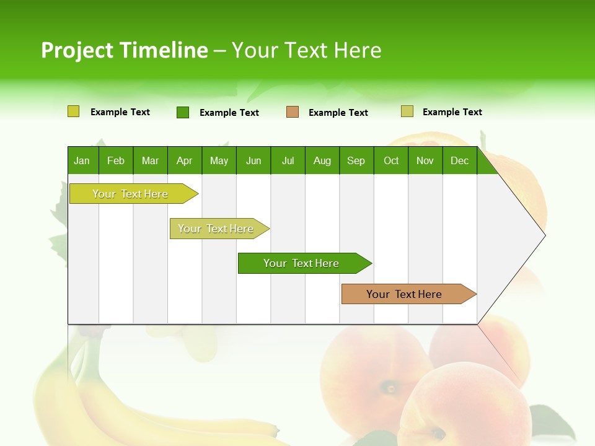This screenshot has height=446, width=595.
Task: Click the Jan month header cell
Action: click(82, 160)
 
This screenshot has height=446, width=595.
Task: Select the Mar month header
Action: click(150, 160)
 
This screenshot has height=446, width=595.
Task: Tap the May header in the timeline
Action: click(219, 160)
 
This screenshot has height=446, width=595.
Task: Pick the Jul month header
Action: click(288, 160)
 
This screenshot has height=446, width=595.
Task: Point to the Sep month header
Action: click(356, 160)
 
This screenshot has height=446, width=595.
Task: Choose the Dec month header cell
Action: click(459, 160)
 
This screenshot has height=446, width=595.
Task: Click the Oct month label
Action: click(391, 160)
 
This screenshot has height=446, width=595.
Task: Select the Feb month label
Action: click(116, 160)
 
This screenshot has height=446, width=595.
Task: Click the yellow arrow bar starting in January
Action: click(130, 194)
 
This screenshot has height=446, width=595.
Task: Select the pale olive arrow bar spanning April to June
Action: click(216, 229)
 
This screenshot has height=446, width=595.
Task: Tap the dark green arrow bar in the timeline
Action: click(301, 263)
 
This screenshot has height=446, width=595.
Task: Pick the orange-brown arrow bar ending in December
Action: click(404, 294)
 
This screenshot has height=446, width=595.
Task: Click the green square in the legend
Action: click(183, 112)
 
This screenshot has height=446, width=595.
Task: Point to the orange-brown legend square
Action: click(293, 112)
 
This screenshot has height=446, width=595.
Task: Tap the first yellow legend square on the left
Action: click(73, 111)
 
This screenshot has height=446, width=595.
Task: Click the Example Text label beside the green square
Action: click(229, 113)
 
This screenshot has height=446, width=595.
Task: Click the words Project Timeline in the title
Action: click(124, 50)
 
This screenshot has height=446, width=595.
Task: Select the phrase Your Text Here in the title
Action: click(306, 50)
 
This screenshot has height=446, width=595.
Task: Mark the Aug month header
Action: click(322, 160)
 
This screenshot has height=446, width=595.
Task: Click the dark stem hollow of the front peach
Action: click(390, 389)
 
